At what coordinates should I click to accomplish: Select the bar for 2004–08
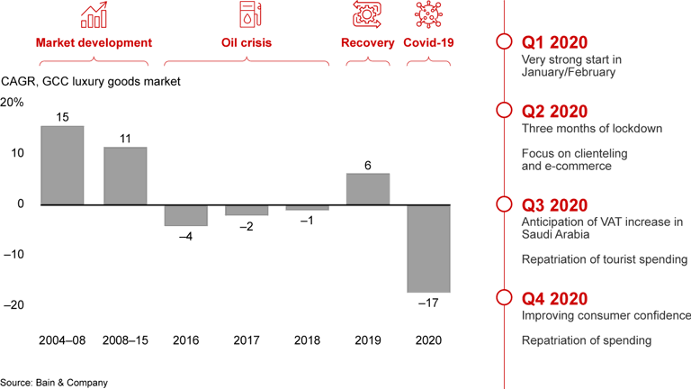pos(62,165)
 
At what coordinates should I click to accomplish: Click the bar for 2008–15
pos(125,176)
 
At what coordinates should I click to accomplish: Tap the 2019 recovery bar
pos(368,188)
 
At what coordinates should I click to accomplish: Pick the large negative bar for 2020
pos(429,249)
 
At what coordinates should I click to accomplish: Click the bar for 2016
pos(185,214)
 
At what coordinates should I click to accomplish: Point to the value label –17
pos(430,303)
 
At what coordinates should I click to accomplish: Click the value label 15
pos(62,117)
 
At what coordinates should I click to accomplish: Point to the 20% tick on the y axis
pos(13,102)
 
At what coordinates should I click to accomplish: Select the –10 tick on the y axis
pos(14,255)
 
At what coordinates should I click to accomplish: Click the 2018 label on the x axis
pos(308,342)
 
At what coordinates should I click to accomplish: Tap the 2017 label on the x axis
pos(247,342)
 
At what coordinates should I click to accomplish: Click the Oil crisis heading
pos(247,42)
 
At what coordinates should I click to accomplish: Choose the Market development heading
pos(94,42)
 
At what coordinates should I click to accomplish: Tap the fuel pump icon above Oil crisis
pos(247,15)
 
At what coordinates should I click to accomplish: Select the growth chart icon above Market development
pos(94,15)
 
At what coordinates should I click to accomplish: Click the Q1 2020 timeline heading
pos(555,42)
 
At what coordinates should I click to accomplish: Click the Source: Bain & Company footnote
pos(54,382)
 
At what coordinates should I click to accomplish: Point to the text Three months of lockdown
pos(591,129)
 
